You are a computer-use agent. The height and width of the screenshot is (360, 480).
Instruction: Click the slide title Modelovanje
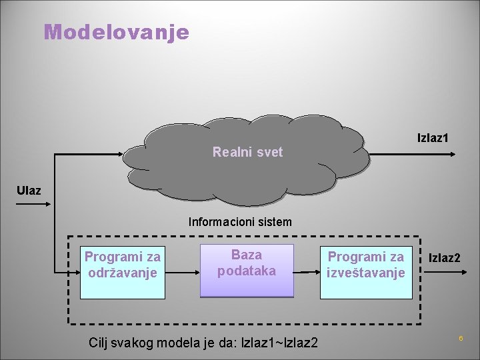click(117, 31)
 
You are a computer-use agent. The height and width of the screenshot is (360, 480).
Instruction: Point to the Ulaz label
click(29, 191)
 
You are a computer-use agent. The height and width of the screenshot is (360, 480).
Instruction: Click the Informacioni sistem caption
click(240, 221)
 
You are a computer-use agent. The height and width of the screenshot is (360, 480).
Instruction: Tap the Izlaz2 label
click(444, 257)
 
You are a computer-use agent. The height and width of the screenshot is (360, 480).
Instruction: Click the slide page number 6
click(460, 339)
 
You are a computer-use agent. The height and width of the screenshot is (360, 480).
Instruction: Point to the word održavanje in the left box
click(122, 273)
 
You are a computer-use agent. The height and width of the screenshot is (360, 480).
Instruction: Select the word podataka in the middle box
click(247, 271)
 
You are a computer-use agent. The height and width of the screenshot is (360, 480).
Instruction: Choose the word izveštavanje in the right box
click(365, 273)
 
